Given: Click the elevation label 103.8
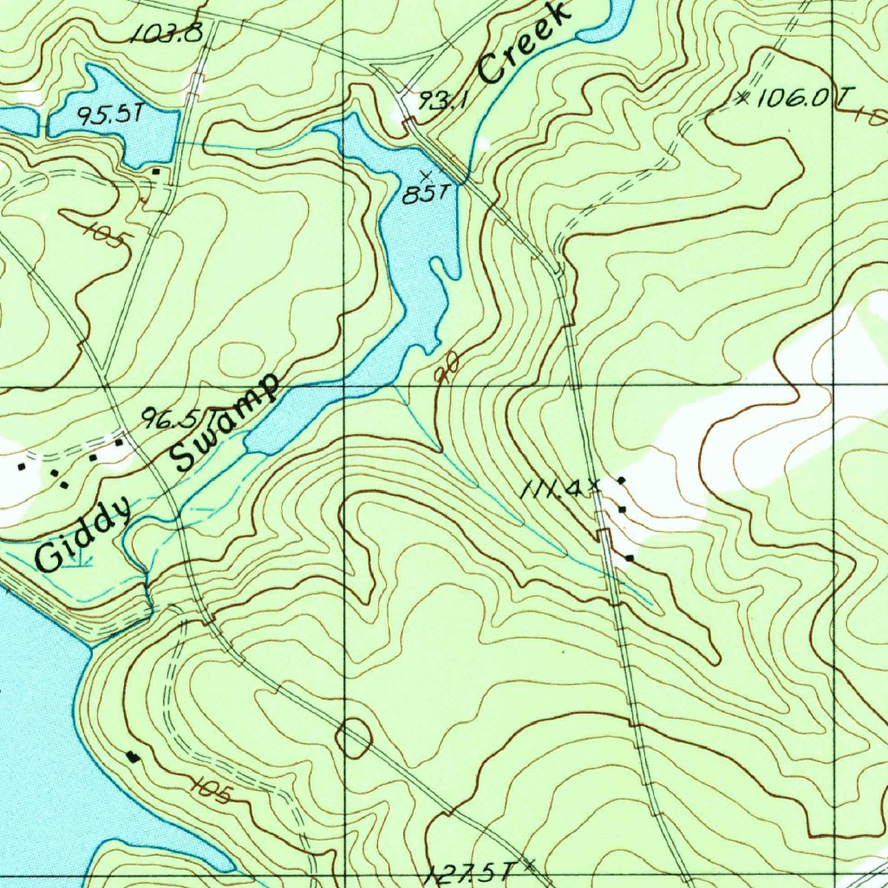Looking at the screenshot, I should click(x=167, y=34).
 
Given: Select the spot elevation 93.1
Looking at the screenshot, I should click(x=443, y=101).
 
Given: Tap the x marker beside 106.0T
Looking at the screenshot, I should click(x=742, y=98).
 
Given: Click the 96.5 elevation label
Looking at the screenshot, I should click(x=171, y=420).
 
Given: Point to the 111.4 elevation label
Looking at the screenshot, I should click(x=552, y=490).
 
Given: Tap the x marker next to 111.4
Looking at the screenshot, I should click(x=594, y=488).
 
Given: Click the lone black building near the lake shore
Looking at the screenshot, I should click(x=133, y=756).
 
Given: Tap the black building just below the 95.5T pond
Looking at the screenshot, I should click(x=155, y=172).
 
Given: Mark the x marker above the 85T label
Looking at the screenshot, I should click(x=424, y=176).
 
